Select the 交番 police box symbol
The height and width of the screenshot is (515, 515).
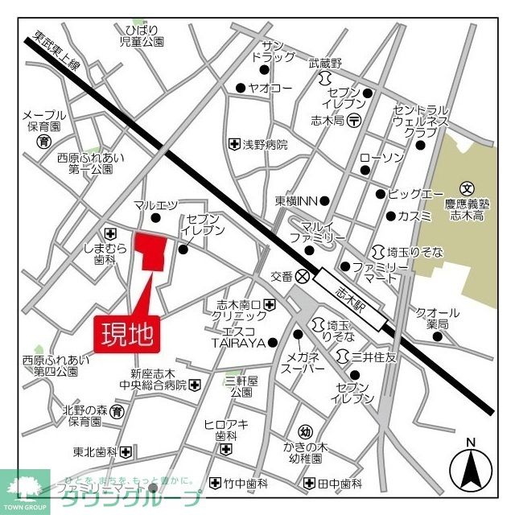[303, 275]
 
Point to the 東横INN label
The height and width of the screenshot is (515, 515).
[297, 201]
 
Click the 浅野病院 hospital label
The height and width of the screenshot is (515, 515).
[265, 145]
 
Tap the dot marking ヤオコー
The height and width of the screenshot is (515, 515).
[240, 89]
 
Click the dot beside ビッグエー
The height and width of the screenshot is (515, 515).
[381, 194]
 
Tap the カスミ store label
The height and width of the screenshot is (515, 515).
[414, 216]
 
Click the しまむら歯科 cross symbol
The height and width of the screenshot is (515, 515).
[109, 229]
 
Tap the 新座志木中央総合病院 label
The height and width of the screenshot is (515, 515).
[159, 379]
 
